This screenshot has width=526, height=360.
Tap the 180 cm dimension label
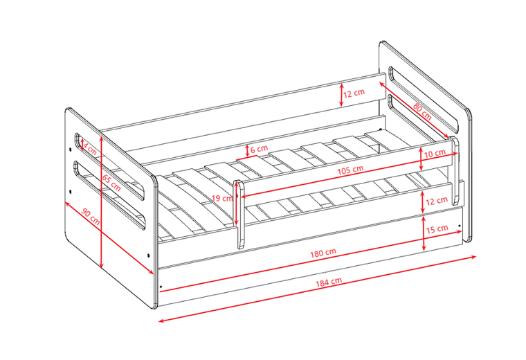(323, 253)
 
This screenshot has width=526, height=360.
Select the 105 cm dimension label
(350, 170)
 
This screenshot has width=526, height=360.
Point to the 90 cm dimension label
(91, 217)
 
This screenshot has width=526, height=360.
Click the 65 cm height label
(111, 183)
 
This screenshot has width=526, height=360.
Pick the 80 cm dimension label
(422, 111)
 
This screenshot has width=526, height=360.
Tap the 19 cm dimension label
(221, 198)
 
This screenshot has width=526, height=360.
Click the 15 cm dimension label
(437, 229)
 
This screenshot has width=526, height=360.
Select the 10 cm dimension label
(435, 154)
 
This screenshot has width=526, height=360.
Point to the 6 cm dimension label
(259, 149)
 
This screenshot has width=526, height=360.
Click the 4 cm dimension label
(89, 149)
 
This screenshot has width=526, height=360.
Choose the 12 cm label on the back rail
(354, 93)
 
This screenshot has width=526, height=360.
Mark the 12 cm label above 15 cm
(437, 201)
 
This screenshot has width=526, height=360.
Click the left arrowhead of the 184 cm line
(161, 321)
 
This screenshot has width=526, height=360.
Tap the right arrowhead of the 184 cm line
(473, 257)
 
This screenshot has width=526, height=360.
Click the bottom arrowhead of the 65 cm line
(102, 266)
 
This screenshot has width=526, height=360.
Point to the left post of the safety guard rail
(240, 214)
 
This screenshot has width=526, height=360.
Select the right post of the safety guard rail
(455, 170)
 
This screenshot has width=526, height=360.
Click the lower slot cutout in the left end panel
(109, 195)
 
